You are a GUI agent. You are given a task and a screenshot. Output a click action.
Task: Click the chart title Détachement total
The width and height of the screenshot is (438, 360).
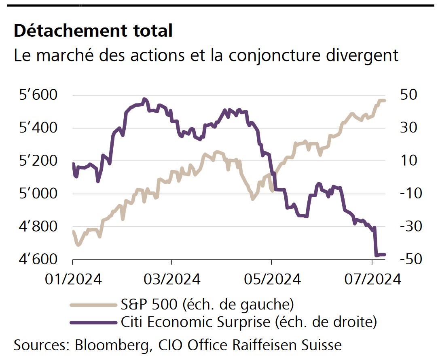[93, 31]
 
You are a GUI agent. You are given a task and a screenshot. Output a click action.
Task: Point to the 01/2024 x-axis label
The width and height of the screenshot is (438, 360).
[73, 279]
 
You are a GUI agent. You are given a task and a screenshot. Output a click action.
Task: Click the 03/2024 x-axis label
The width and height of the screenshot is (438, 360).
[172, 279]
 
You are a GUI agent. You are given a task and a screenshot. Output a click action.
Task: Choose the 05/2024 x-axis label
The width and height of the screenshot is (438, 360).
[272, 279]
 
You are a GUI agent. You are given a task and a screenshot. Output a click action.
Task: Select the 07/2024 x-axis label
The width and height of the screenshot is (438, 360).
[372, 279]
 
